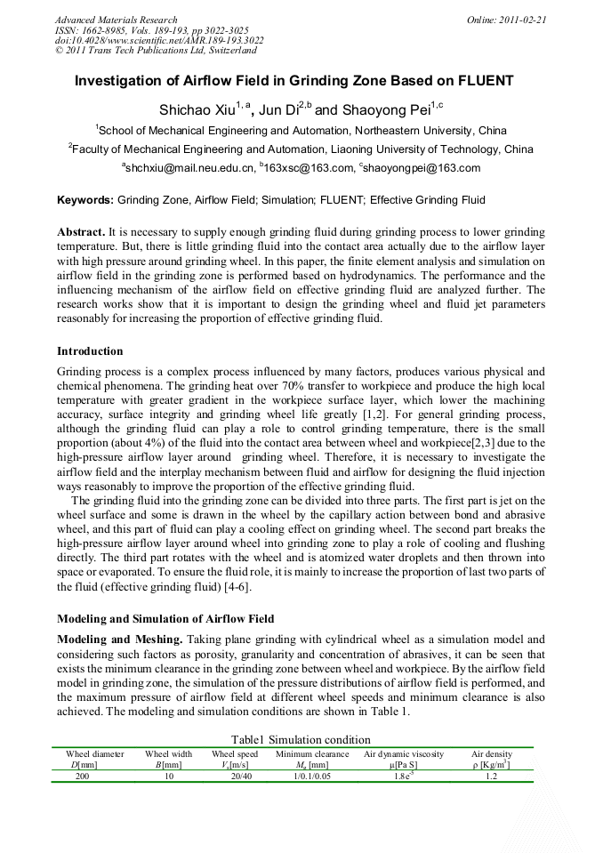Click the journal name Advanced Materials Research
point(116,20)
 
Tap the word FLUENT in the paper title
point(485,81)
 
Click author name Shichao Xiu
point(190,110)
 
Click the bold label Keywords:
point(85,201)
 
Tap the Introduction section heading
point(90,351)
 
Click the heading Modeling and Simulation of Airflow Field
point(165,618)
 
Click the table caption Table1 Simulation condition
point(301,739)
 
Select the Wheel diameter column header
point(95,753)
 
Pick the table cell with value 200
point(82,776)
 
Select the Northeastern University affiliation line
point(301,130)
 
